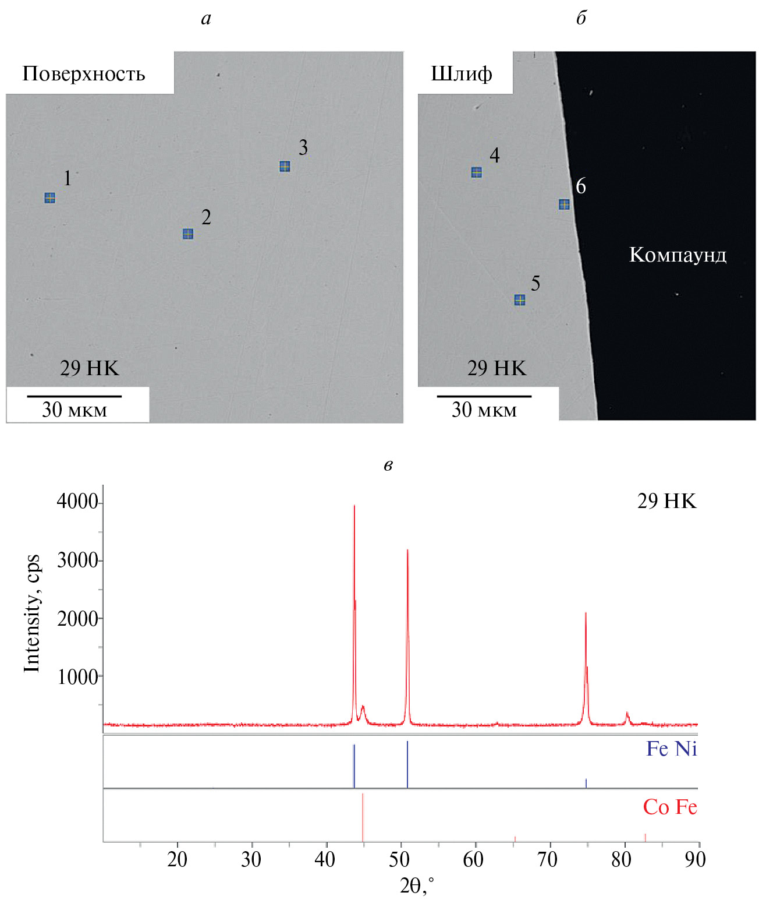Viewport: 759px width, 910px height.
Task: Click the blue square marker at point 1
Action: click(50, 198)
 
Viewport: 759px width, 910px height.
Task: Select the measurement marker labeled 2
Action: click(188, 234)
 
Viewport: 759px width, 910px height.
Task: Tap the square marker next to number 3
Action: click(285, 167)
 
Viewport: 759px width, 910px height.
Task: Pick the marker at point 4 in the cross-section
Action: click(476, 172)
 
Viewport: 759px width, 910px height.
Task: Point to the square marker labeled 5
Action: click(520, 300)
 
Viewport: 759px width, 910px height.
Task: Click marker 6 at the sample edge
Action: click(564, 204)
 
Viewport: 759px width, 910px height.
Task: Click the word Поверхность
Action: click(84, 74)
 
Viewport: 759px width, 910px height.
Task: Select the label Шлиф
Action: click(462, 74)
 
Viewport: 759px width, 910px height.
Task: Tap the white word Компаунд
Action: click(678, 255)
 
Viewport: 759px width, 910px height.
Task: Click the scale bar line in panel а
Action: click(75, 396)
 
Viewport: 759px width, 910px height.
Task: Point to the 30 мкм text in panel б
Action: click(484, 410)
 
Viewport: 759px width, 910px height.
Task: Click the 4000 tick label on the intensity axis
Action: click(77, 502)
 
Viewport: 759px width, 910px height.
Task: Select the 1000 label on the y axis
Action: click(77, 676)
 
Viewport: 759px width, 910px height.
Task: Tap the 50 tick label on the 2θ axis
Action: click(400, 859)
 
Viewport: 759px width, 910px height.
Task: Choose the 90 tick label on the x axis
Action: click(695, 859)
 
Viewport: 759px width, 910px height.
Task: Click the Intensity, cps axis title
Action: click(32, 613)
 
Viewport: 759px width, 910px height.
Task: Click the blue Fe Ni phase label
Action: click(671, 749)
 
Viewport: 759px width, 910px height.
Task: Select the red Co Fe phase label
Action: click(670, 807)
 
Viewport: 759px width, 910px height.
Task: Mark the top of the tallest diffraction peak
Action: click(354, 506)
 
